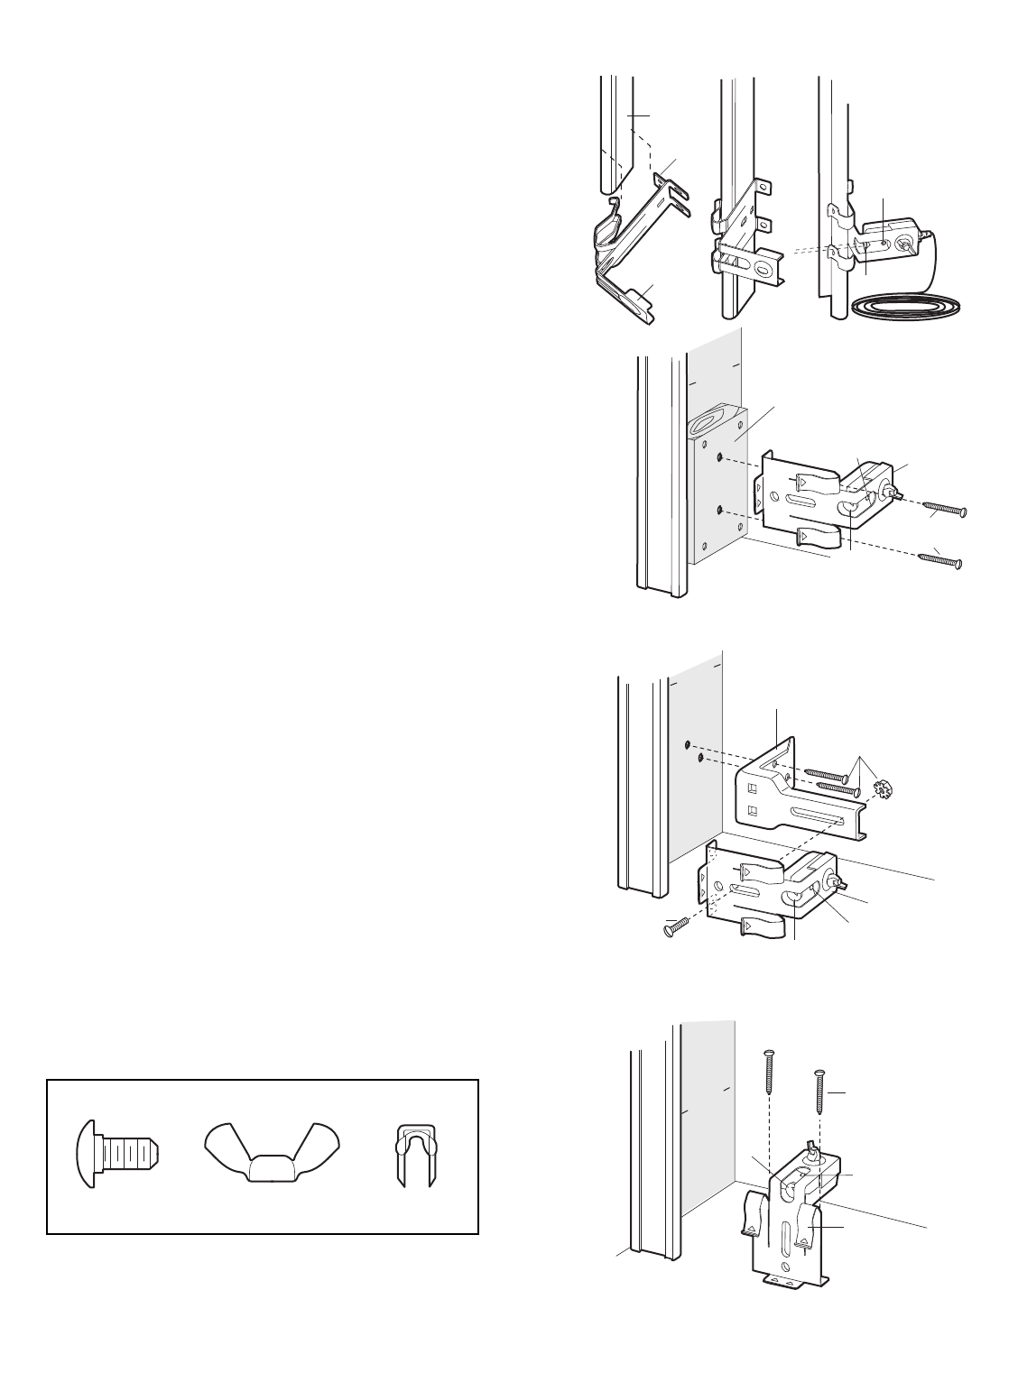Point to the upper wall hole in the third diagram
pos(687,744)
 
